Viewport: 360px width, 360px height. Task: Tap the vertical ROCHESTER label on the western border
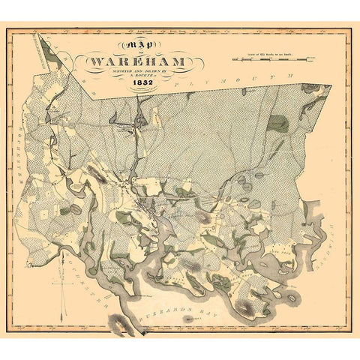[x=34, y=150]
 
